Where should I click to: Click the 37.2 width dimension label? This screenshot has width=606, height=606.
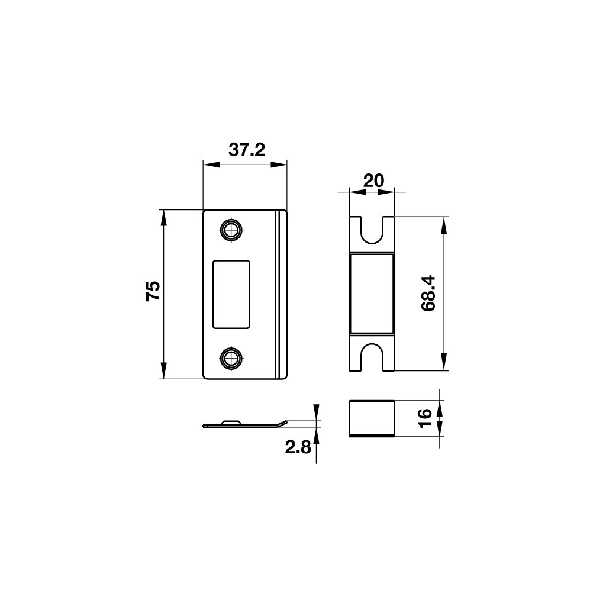pos(247,150)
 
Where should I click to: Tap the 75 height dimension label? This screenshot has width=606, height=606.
pos(153,291)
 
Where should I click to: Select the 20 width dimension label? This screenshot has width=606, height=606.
pos(374,180)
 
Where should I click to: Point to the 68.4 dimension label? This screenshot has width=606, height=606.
pos(428,294)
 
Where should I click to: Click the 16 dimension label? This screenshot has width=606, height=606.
pos(425,418)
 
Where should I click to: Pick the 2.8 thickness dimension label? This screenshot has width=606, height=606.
pos(298,447)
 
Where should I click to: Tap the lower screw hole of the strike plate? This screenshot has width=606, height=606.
pos(231,358)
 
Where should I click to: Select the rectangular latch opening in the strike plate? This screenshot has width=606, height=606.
pos(231,294)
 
